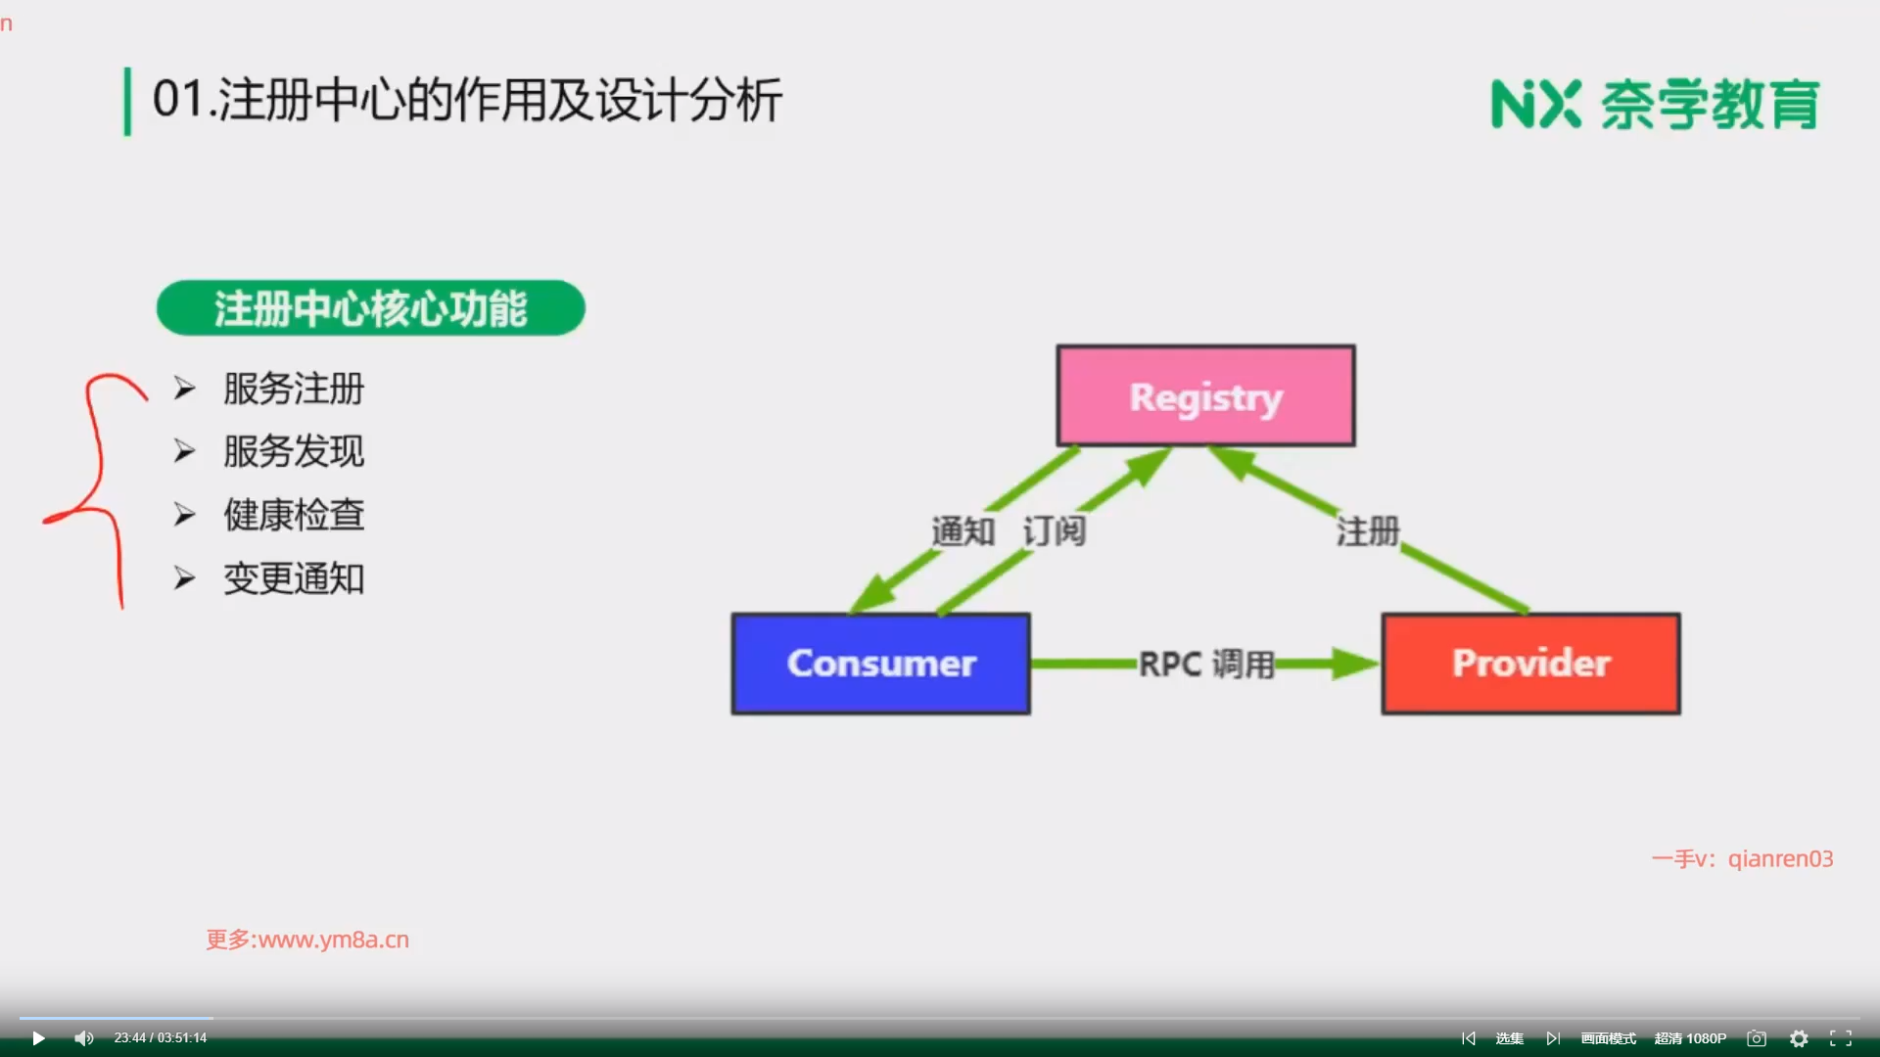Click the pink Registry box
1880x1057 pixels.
tap(1206, 395)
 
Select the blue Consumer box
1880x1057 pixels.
tap(881, 664)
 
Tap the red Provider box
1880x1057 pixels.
tap(1531, 664)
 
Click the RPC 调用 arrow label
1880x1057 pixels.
tap(1206, 664)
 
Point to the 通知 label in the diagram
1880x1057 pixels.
tap(963, 531)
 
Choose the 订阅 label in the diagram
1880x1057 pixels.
tap(1055, 531)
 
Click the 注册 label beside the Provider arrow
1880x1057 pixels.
tap(1368, 531)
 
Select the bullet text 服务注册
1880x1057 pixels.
tap(294, 389)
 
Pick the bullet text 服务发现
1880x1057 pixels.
tap(294, 451)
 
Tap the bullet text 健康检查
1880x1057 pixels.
tap(294, 515)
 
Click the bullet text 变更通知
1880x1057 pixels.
tap(294, 578)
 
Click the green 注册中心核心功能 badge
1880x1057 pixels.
tap(371, 308)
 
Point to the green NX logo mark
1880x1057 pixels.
tap(1535, 104)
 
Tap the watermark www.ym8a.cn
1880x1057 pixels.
tap(334, 940)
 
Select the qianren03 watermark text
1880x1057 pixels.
tap(1780, 858)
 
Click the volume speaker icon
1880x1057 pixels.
tap(84, 1038)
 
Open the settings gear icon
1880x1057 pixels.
tap(1799, 1038)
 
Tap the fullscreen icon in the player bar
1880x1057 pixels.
tap(1841, 1038)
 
